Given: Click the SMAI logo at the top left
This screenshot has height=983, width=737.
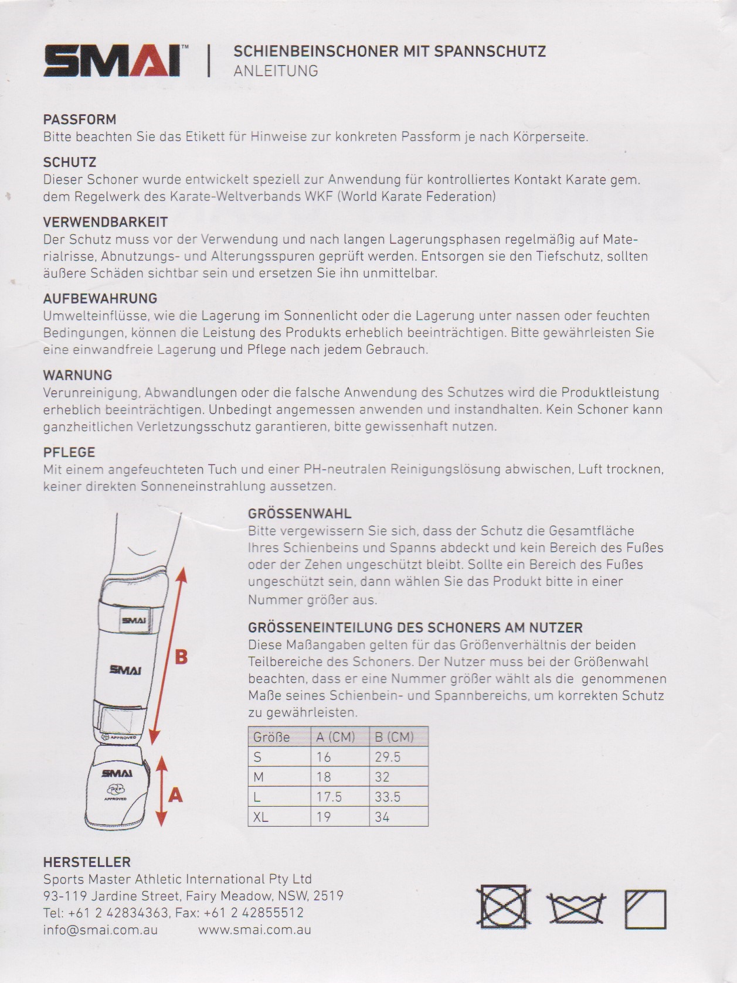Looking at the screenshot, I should (x=112, y=61).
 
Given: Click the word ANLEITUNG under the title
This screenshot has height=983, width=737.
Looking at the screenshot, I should (x=276, y=71).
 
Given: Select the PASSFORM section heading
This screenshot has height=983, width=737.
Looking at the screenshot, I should (x=80, y=120).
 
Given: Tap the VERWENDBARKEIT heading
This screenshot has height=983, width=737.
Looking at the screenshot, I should (x=106, y=222).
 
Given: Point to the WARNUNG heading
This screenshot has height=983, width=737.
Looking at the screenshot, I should (x=77, y=375).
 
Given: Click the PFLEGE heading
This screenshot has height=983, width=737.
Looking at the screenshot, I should (x=69, y=452).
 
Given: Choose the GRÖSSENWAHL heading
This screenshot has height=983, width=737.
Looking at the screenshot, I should (x=300, y=514).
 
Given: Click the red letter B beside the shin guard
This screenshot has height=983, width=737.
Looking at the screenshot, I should (x=181, y=657).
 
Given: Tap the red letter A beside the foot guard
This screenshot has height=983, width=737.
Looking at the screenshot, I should (x=175, y=795).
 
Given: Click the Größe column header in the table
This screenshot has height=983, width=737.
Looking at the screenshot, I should (x=271, y=737).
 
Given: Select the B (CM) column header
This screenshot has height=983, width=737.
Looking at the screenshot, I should (x=394, y=737).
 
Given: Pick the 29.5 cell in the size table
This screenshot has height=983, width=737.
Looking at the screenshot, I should (x=388, y=757).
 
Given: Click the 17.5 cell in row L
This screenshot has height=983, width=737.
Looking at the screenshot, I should (x=329, y=797).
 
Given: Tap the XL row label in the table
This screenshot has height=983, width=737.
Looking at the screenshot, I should (x=260, y=817).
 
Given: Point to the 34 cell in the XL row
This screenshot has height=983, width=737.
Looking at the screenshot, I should (x=382, y=817).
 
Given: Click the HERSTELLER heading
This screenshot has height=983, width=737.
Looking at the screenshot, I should (x=87, y=862).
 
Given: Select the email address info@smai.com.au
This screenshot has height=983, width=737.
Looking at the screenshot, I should (x=100, y=930).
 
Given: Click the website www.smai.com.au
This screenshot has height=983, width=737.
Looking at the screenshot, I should (x=254, y=930).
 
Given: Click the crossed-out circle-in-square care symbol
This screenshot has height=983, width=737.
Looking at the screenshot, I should (x=504, y=909).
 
